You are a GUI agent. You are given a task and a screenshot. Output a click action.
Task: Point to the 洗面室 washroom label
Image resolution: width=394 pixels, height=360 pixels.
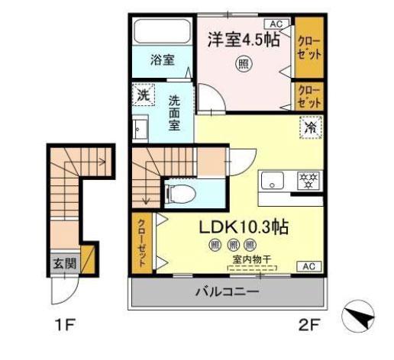[175, 111]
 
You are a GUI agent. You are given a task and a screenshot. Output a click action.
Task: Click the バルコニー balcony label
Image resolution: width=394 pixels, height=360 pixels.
[226, 292]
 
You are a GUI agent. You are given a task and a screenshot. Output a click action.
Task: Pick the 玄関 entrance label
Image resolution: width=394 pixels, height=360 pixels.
[64, 263]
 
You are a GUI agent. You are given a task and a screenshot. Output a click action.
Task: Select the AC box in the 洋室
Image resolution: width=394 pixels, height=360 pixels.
[276, 24]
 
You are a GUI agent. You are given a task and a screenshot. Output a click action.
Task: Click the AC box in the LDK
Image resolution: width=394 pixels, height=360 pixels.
[308, 266]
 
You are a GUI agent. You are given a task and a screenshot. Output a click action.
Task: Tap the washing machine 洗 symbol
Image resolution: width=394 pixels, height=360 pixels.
[143, 95]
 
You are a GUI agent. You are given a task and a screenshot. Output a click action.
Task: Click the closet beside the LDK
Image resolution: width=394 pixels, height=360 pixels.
[143, 240]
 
